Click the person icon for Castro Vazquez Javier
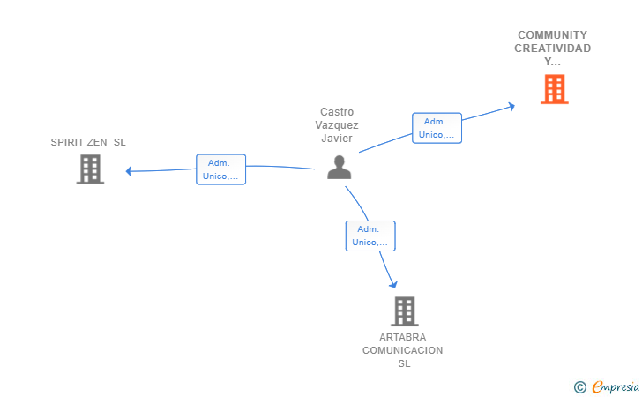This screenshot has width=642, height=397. tap(339, 167)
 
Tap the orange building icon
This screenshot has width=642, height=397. tap(555, 89)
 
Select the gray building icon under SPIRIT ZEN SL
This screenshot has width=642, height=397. tap(90, 169)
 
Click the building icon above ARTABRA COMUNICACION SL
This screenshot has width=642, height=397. tap(405, 311)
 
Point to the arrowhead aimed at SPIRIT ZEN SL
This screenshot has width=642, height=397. tap(128, 171)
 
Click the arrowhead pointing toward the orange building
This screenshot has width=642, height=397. tap(511, 107)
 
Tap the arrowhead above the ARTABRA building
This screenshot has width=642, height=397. tap(393, 284)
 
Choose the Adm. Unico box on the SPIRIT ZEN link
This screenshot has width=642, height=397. tap(220, 169)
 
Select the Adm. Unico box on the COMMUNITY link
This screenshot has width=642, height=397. tap(437, 128)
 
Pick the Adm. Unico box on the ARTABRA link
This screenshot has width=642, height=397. tap(370, 236)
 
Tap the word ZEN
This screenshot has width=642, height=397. tap(97, 142)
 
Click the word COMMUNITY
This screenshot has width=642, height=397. tap(552, 34)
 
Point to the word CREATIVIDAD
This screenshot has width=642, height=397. tap(552, 49)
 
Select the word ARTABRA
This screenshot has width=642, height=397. tap(402, 337)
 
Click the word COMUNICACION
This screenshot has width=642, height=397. tap(402, 350)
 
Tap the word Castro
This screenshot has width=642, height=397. tap(337, 112)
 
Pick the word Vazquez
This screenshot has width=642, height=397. tap(337, 125)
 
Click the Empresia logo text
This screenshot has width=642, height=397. tap(616, 386)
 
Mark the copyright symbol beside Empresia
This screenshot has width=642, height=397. tap(580, 387)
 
